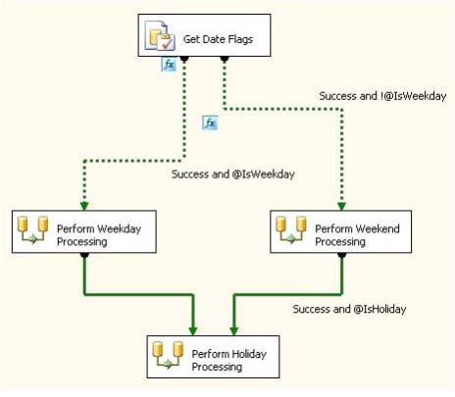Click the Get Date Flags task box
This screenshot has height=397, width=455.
click(x=204, y=35)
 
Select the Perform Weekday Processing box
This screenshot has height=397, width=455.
click(x=84, y=231)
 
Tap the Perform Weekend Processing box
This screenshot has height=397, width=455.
click(x=340, y=231)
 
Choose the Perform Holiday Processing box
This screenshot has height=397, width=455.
click(x=213, y=357)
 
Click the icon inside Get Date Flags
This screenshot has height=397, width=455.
click(x=160, y=35)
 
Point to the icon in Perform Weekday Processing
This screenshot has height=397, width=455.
click(x=32, y=229)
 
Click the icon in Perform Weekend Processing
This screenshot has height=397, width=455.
click(x=291, y=229)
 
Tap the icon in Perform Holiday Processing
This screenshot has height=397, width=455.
click(x=169, y=355)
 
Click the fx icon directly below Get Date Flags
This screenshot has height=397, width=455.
click(x=169, y=65)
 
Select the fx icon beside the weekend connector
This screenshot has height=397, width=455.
click(x=210, y=123)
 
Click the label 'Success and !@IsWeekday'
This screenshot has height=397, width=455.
click(x=382, y=96)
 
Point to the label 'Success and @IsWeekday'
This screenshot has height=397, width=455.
click(x=233, y=174)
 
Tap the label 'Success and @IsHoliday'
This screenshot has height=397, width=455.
click(x=349, y=309)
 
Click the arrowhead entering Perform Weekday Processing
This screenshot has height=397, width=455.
click(x=84, y=206)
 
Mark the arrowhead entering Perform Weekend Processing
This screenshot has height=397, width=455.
click(x=341, y=206)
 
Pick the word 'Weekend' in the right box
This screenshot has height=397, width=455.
click(x=379, y=228)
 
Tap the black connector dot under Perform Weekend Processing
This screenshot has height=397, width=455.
click(x=341, y=255)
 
